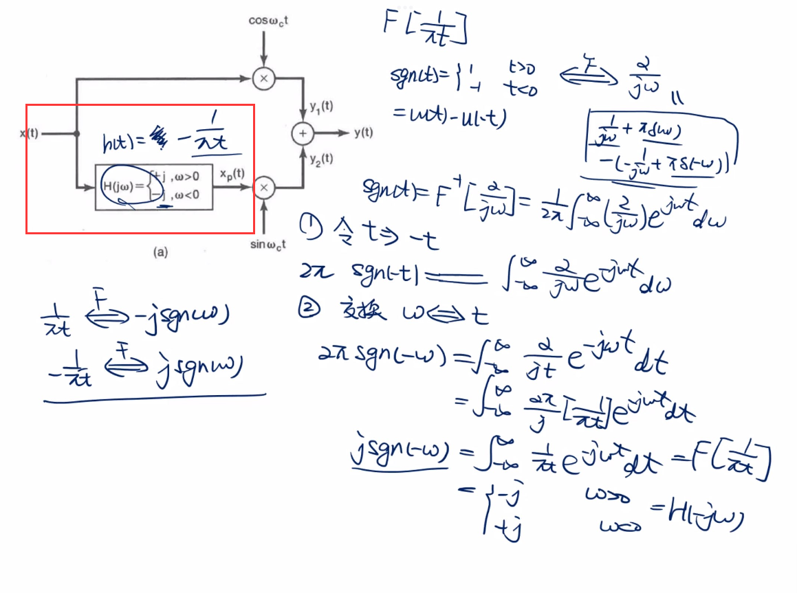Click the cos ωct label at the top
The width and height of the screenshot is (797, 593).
click(x=268, y=21)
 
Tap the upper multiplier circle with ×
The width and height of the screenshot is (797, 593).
click(x=263, y=80)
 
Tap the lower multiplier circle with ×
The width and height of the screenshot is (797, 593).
click(x=263, y=187)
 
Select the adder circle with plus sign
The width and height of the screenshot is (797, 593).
click(x=303, y=133)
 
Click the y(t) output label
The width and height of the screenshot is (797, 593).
click(x=364, y=133)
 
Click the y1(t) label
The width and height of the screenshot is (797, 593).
click(x=321, y=107)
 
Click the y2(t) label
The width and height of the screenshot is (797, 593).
click(x=321, y=159)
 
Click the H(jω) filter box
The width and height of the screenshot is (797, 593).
click(x=153, y=187)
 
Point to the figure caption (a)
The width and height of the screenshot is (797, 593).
click(x=160, y=252)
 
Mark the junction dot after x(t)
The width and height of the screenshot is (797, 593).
click(x=75, y=133)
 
